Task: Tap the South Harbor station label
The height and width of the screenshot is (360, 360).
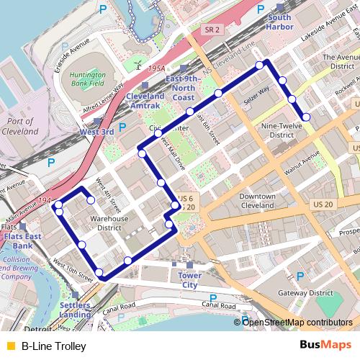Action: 279,22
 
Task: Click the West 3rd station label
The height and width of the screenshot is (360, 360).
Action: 96,132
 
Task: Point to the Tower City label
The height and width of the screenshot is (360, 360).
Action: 189,280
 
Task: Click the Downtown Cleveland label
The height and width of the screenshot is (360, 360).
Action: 257,200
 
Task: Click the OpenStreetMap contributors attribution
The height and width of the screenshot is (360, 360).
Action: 297,323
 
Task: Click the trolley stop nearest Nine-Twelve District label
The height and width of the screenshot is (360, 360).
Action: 306,117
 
